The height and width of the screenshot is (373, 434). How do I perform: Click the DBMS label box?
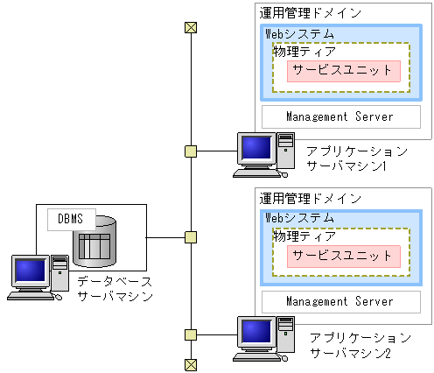coord(70,219)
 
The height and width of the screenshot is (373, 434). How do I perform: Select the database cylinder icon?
coord(94,242)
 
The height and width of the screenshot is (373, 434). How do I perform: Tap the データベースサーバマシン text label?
coord(115,289)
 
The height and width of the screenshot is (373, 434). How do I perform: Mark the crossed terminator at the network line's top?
coord(190,27)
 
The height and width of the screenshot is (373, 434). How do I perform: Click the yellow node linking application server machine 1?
coord(190,151)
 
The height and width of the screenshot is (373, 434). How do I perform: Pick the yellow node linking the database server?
coord(190,237)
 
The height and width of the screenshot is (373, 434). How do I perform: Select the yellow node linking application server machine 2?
coord(190,334)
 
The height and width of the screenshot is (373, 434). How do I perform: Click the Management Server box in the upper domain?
coord(339,116)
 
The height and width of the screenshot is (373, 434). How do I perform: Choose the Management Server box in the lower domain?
coord(339,301)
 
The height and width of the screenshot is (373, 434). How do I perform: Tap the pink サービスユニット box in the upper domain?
coord(343,71)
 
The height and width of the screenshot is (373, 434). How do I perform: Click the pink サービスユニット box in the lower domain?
coord(343,256)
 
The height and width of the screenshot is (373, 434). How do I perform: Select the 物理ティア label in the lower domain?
coord(297,236)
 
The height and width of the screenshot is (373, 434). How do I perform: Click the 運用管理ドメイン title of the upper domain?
coord(310,13)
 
